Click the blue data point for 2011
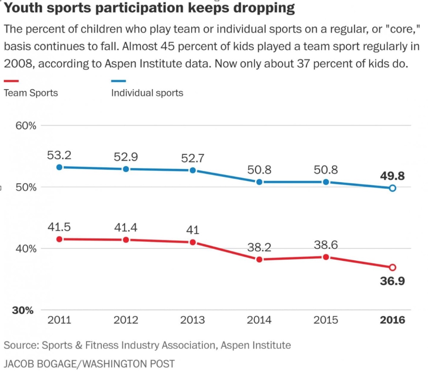pos(59,167)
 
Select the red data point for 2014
pos(259,259)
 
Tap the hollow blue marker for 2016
pos(393,188)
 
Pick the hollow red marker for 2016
pos(393,267)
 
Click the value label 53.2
pos(59,155)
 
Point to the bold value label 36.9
pos(392,281)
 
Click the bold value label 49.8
pos(392,176)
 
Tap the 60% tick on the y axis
pos(26,126)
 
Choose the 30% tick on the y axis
pos(23,310)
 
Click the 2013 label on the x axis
pos(192,320)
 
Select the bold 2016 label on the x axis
pos(393,320)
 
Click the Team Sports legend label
pos(31,93)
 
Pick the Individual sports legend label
pos(147,93)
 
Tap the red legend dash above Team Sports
pos(11,81)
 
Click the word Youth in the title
pos(23,8)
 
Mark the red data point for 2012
pos(126,240)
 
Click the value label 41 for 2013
pos(192,230)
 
